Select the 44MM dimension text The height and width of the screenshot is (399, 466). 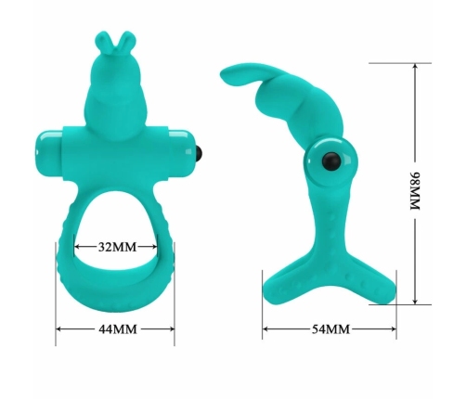click(117, 328)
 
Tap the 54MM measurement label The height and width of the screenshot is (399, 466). click(330, 329)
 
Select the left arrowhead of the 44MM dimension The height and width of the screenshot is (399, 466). click(58, 328)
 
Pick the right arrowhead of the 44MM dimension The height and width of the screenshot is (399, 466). click(174, 328)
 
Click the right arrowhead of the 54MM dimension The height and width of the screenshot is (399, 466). click(396, 329)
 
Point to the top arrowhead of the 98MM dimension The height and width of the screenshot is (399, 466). click(416, 65)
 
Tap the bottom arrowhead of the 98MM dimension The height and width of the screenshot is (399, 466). click(416, 302)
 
